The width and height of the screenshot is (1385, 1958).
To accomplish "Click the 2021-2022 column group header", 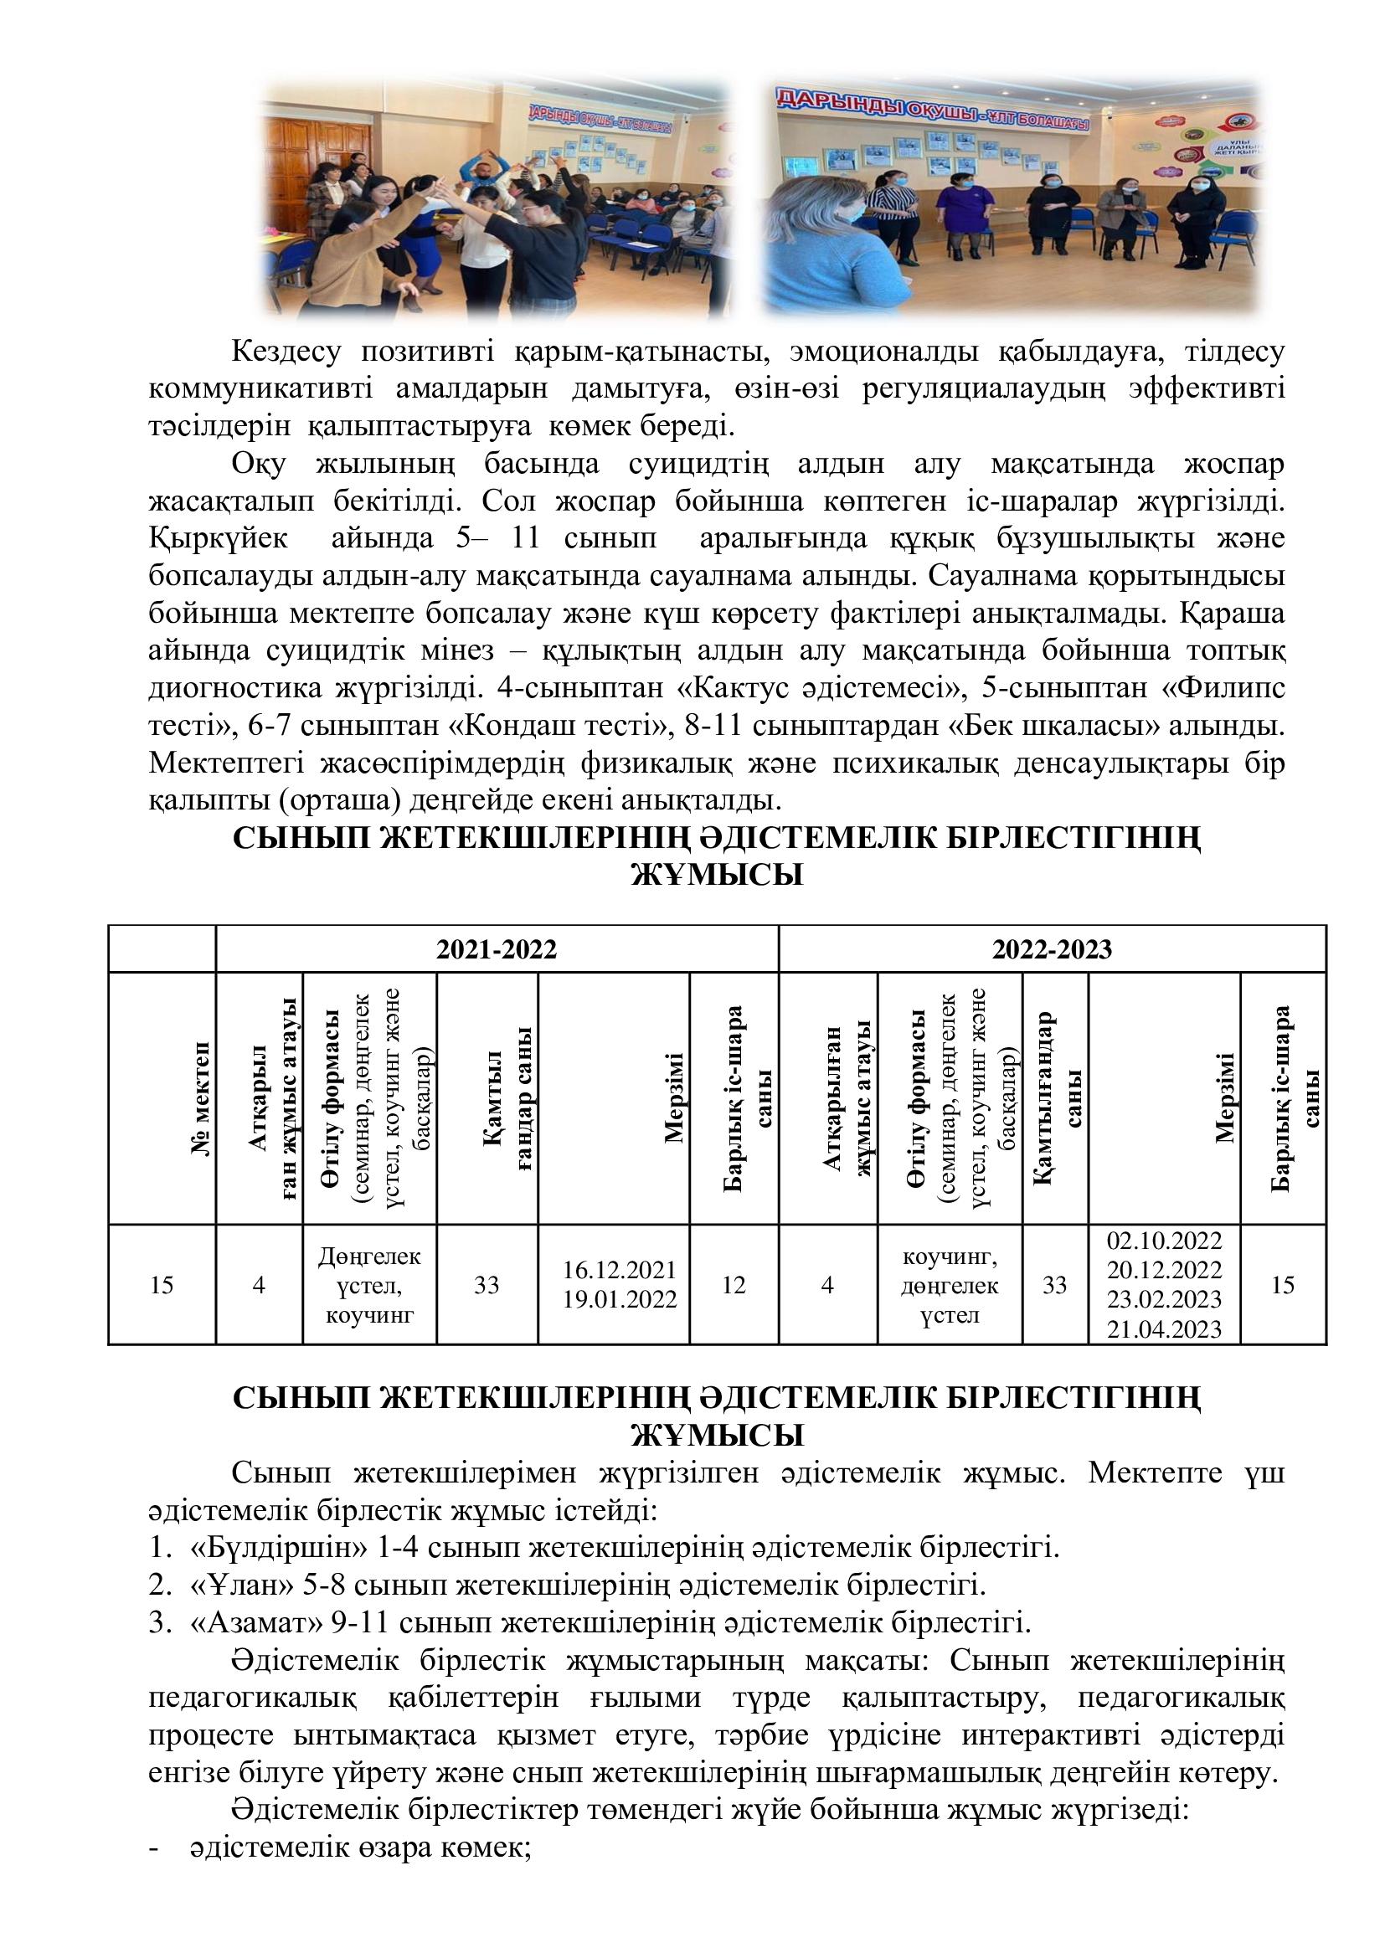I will coord(497,949).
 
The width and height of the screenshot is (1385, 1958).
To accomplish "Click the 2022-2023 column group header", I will coord(1052,949).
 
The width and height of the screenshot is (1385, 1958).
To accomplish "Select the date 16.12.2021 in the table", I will coord(619,1270).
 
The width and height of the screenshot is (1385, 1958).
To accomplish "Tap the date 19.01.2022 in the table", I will coord(619,1299).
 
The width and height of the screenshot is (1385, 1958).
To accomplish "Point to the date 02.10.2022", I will coord(1164,1241).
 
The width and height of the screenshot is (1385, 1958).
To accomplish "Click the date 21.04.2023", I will coord(1164,1329).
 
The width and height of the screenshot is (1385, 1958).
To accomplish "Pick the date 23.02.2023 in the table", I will coord(1164,1300).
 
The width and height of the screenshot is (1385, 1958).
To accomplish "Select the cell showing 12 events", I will coord(734,1284).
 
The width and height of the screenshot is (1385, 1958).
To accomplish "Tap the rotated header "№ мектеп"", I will coord(202,1100).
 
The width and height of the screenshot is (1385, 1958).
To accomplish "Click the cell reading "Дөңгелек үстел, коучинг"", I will coord(369,1284).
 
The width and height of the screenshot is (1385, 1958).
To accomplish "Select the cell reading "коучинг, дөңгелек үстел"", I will coord(950,1284).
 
